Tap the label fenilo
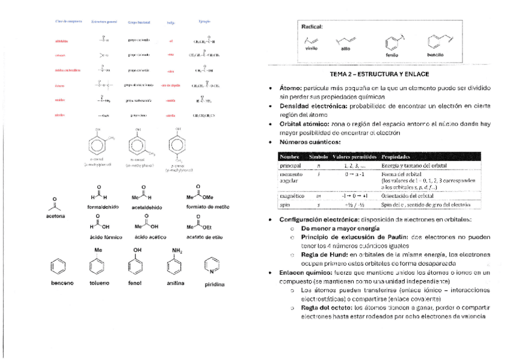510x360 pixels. pyautogui.click(x=392, y=54)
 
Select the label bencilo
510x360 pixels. pyautogui.click(x=435, y=54)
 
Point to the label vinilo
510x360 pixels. pyautogui.click(x=311, y=48)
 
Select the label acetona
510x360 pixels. pyautogui.click(x=55, y=215)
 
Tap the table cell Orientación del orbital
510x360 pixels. pyautogui.click(x=408, y=196)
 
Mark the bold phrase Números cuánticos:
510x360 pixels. pyautogui.click(x=310, y=142)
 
